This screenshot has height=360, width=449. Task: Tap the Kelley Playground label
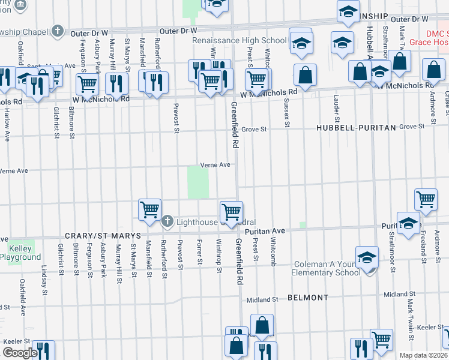(24, 253)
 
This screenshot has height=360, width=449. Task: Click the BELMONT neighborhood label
(308, 298)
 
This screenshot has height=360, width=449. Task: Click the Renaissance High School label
(239, 41)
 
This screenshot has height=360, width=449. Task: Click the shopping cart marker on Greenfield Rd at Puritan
(231, 212)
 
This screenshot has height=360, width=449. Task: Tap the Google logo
(19, 352)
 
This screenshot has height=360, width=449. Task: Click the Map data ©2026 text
(423, 355)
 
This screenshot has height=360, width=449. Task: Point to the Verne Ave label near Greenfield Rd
(215, 165)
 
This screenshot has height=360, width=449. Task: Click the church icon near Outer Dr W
(58, 30)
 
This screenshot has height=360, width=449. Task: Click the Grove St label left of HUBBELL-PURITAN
(255, 128)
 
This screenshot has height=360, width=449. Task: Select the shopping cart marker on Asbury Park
(87, 84)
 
